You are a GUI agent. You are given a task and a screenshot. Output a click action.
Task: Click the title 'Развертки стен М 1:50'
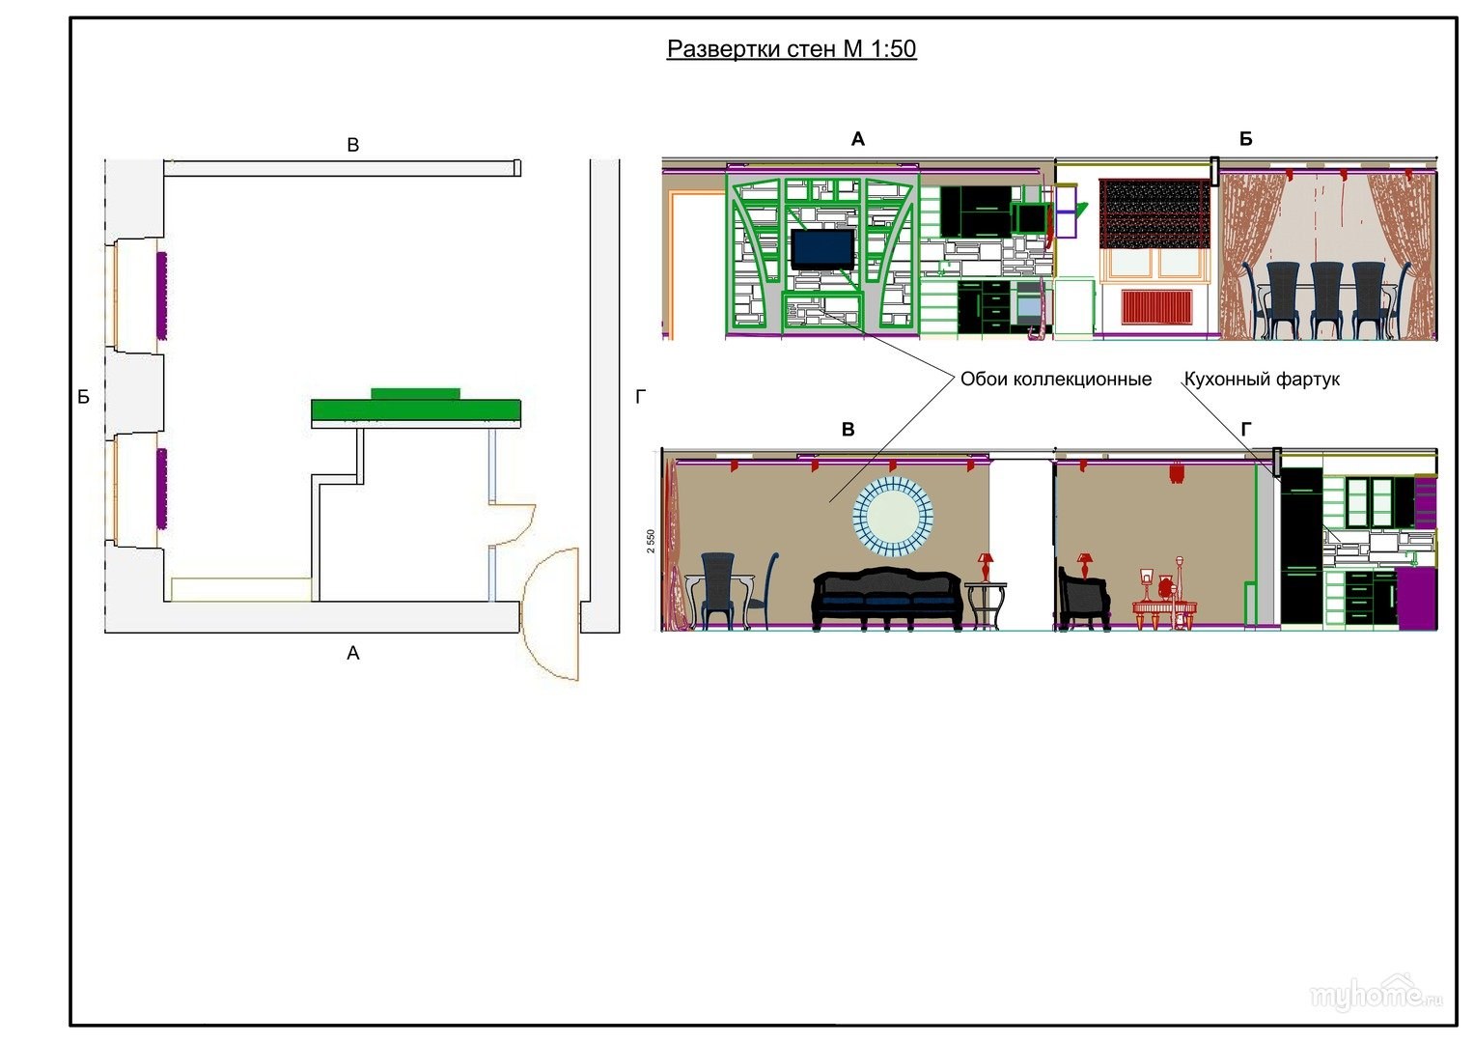click(x=792, y=49)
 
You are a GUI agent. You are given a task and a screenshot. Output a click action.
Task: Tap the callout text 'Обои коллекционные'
click(x=1055, y=380)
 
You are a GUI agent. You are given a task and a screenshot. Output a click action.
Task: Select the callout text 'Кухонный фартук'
click(x=1262, y=380)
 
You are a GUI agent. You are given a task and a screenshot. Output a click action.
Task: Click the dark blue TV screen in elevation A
click(x=822, y=249)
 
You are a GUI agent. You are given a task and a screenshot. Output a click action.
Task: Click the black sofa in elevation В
click(x=887, y=598)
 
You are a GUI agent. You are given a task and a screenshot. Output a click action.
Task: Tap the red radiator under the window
click(x=1156, y=308)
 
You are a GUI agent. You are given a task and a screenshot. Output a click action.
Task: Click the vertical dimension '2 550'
click(x=651, y=540)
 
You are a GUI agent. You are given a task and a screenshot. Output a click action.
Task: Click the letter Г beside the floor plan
click(x=640, y=397)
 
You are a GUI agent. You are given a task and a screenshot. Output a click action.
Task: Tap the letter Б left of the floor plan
click(x=84, y=397)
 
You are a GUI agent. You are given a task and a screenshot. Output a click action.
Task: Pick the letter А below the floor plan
click(x=352, y=654)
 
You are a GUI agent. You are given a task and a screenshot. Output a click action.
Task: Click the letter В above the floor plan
click(x=352, y=146)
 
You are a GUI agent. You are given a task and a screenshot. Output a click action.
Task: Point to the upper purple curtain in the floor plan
click(x=161, y=295)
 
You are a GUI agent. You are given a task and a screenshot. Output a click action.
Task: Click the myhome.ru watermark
click(x=1376, y=995)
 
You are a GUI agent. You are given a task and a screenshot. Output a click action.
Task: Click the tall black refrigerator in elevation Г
click(x=1300, y=546)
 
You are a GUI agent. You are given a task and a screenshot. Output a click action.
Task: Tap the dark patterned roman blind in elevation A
click(x=1154, y=213)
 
